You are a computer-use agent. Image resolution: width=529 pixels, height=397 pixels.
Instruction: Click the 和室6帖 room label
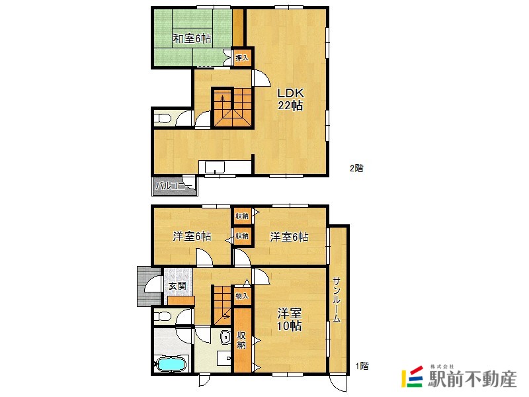(x=192, y=38)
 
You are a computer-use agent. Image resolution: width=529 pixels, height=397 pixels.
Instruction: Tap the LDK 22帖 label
(x=290, y=99)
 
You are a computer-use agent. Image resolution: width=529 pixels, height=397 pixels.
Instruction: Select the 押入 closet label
(x=242, y=58)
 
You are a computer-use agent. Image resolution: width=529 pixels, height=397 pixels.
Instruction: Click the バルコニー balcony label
(x=174, y=186)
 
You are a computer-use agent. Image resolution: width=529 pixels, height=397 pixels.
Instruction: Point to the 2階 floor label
(x=356, y=168)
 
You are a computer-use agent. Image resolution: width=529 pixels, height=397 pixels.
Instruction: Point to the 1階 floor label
(x=362, y=366)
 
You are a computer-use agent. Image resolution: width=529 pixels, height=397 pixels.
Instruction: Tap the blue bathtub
(x=171, y=364)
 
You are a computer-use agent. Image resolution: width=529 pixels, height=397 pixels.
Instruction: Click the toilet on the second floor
(x=163, y=118)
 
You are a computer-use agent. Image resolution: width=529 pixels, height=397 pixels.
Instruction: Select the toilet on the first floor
(x=163, y=316)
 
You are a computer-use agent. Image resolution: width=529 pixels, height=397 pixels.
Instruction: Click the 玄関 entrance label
(x=177, y=287)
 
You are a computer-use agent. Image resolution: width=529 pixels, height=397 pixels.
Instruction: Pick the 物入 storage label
(x=242, y=296)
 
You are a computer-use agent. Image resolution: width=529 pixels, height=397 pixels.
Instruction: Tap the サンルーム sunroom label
(x=337, y=300)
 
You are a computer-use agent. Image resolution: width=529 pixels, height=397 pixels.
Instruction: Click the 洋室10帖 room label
(x=290, y=320)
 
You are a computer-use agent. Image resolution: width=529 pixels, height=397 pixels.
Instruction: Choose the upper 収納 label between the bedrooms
(x=242, y=216)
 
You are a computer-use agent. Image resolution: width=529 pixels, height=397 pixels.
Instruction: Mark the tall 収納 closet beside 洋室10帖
(x=241, y=340)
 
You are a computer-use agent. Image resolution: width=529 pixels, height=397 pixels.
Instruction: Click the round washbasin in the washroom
(x=225, y=337)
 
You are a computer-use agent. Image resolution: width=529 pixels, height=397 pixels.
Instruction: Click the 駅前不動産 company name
(x=473, y=378)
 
